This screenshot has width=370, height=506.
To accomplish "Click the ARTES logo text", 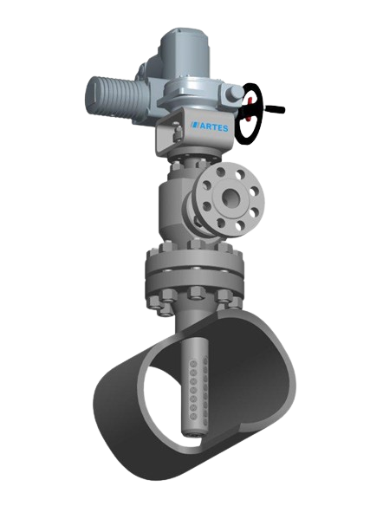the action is click(214, 127).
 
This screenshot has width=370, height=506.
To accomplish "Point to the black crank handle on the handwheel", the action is click(274, 109).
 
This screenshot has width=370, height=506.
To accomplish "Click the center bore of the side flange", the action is click(230, 196).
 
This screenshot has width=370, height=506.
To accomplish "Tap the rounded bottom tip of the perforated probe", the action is click(193, 433).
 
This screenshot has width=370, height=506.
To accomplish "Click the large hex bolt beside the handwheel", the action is click(233, 94).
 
